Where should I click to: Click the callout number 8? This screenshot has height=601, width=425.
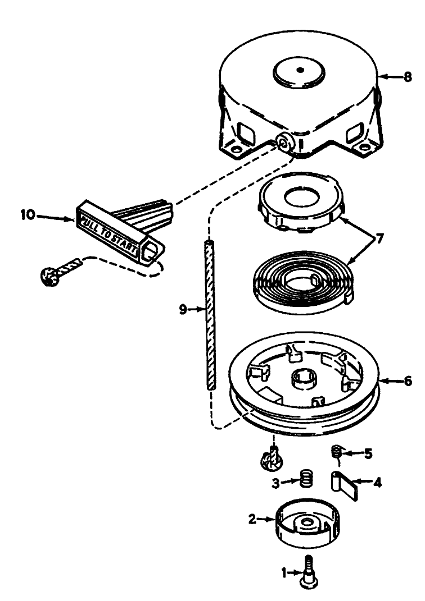[408, 77]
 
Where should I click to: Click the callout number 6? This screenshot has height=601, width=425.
[408, 382]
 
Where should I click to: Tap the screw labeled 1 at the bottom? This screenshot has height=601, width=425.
[308, 572]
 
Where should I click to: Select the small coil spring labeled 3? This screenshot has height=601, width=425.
[305, 480]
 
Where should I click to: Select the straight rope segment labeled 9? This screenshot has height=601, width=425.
[210, 314]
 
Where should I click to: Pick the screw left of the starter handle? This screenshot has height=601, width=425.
[51, 275]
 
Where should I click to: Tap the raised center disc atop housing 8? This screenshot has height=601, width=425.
[300, 71]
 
